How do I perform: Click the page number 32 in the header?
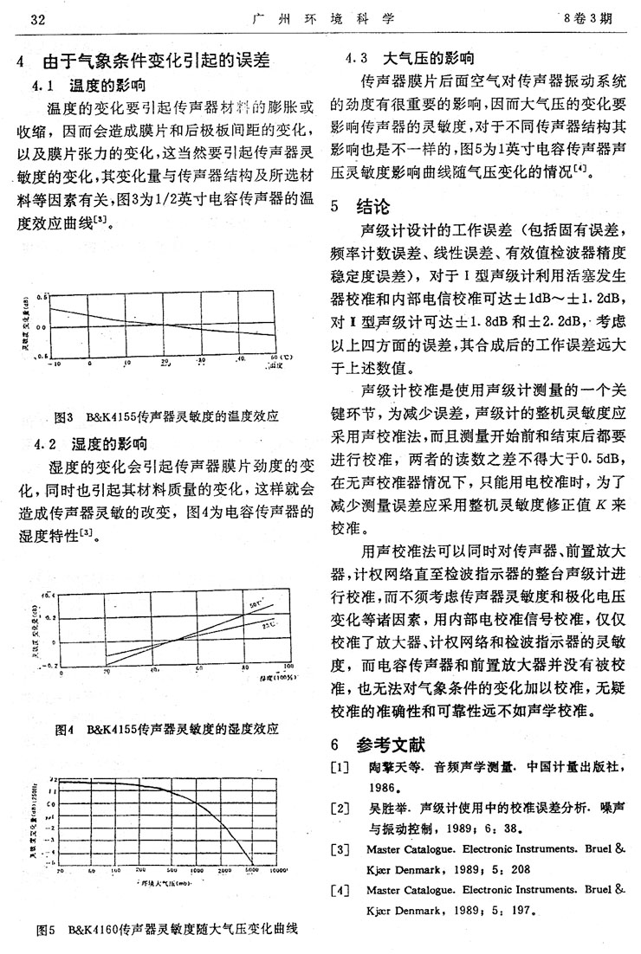click(37, 17)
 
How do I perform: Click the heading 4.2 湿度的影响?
click(90, 445)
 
